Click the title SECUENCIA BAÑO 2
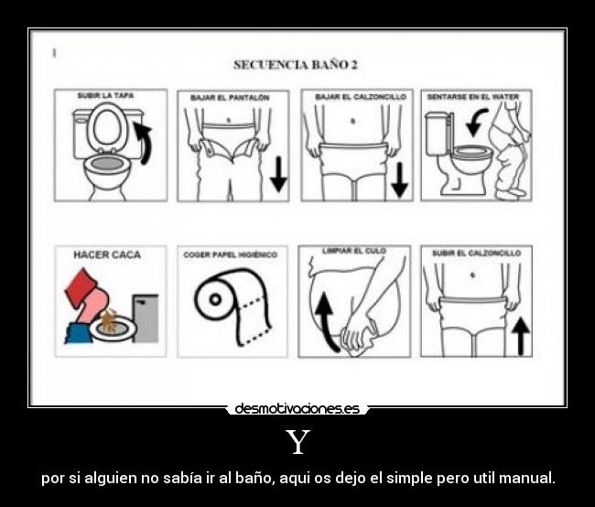coord(295,64)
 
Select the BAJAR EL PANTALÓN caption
coord(230,97)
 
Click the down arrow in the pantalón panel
coord(278,173)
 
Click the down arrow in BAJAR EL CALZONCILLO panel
coord(399,178)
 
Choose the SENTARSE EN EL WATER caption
coord(474,96)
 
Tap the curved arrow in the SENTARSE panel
coord(476,122)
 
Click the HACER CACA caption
coord(107,254)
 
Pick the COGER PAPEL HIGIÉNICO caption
coord(229,254)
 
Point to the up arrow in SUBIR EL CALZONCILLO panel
coord(521,336)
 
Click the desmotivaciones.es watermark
coord(297,409)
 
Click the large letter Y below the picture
coord(297,443)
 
